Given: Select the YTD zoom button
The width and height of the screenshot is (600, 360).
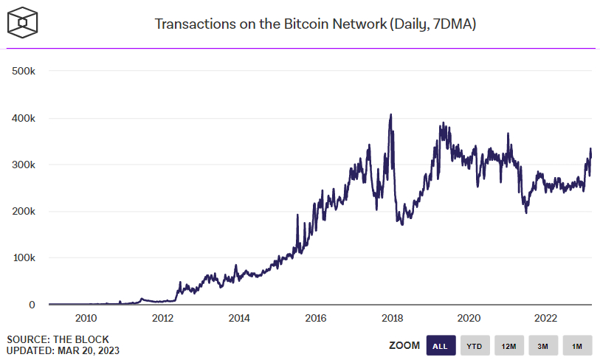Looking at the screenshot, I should tap(475, 345).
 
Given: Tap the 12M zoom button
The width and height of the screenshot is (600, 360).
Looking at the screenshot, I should tap(509, 345).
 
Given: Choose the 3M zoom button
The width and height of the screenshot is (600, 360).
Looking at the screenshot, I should tap(543, 345).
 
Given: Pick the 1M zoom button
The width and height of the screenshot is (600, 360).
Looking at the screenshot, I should tap(577, 345).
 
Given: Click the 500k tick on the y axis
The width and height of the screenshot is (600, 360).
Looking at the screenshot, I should tap(24, 71).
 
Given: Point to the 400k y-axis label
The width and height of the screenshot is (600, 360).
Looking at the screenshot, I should tap(24, 118).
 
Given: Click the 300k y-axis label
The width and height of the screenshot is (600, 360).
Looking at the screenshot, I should tap(24, 165).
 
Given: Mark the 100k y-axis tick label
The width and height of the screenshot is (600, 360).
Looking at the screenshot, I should tap(24, 258).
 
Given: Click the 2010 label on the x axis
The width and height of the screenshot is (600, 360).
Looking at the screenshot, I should tap(86, 319).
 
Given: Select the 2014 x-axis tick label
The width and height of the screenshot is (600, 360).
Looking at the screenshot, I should tap(238, 319).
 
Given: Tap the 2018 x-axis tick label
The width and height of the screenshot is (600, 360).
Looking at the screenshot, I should tap(392, 319).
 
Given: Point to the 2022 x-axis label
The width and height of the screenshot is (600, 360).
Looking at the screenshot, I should tap(545, 319).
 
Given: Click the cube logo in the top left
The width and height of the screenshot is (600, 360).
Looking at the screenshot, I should tap(22, 24).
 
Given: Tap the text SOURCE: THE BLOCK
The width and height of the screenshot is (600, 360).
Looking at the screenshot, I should tap(58, 339).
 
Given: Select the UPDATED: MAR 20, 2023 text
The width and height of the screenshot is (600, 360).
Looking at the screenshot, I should tap(63, 350).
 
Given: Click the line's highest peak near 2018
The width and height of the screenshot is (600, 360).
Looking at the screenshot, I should tap(390, 115).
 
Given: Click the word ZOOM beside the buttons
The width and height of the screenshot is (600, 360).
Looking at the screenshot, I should tap(404, 345).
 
